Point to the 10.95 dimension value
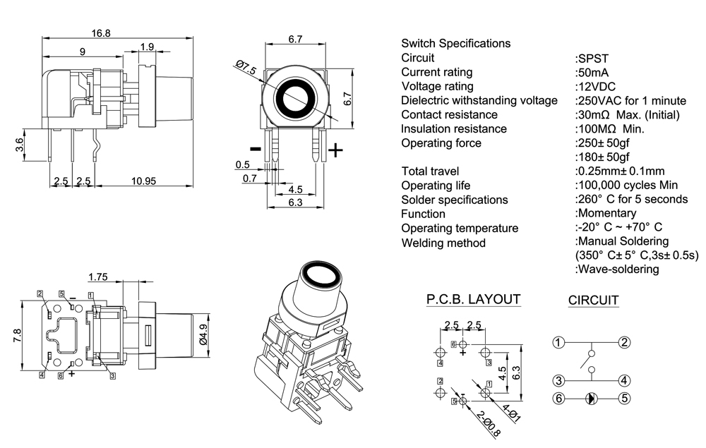pyautogui.click(x=143, y=181)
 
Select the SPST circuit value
pyautogui.click(x=592, y=58)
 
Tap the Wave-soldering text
pyautogui.click(x=618, y=269)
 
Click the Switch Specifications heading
pyautogui.click(x=455, y=43)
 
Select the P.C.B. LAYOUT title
pyautogui.click(x=473, y=299)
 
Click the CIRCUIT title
pyautogui.click(x=594, y=301)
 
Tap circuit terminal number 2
pyautogui.click(x=624, y=343)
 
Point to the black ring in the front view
pyautogui.click(x=296, y=98)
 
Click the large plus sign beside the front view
pyautogui.click(x=337, y=150)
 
